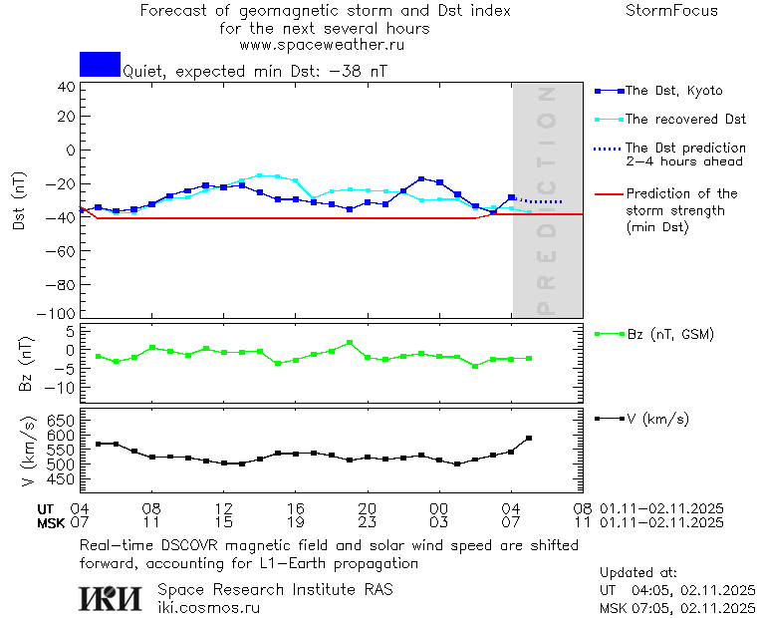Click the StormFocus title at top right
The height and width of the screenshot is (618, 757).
(671, 11)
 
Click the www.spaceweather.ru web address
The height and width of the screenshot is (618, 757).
(322, 45)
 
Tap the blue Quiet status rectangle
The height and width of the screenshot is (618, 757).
(100, 64)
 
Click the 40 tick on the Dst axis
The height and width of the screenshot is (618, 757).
(66, 86)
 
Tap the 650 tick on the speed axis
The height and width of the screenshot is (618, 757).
(61, 420)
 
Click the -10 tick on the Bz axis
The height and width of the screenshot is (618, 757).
(61, 386)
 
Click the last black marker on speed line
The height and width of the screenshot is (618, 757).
(529, 438)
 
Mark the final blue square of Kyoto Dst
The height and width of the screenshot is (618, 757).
(511, 197)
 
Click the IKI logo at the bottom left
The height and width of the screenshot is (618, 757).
(112, 597)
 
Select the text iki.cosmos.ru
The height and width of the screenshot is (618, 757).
(209, 606)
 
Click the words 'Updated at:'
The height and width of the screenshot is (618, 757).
(637, 573)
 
